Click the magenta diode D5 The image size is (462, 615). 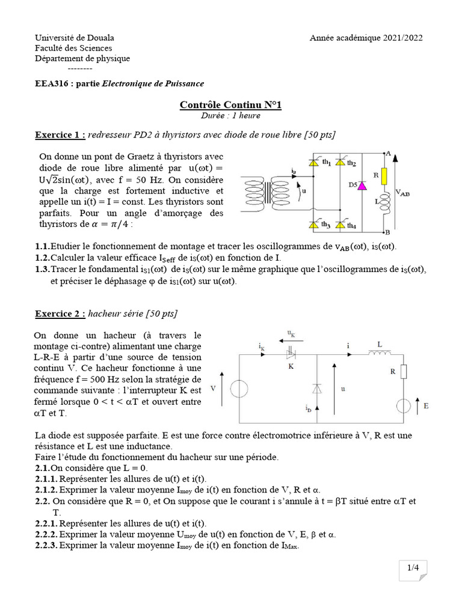[362, 186]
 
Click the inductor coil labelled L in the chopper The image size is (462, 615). [379, 353]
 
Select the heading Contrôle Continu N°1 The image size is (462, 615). [230, 105]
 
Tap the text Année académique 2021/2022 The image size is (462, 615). [366, 38]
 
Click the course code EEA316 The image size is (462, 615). [51, 83]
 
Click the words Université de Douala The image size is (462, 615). [74, 38]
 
